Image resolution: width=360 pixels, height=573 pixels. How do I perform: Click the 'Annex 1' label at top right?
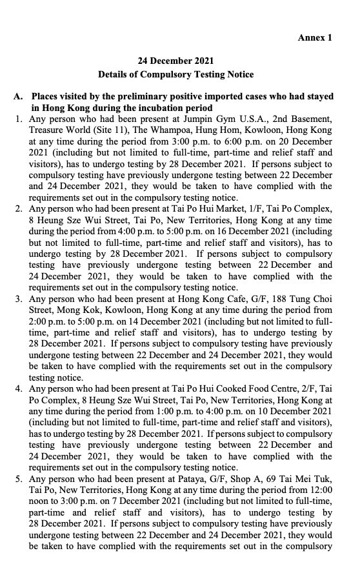pyautogui.click(x=314, y=37)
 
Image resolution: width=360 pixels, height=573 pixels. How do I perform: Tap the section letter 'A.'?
pyautogui.click(x=18, y=96)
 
